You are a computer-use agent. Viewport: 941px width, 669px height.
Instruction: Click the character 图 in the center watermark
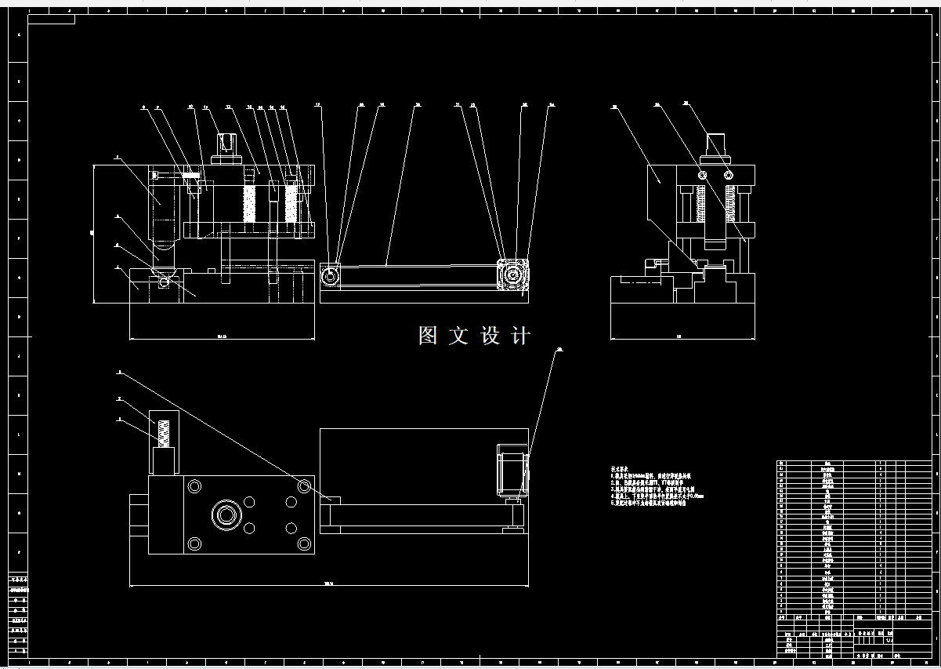click(x=428, y=336)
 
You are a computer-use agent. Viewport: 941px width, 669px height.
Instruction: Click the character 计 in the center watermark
click(x=520, y=336)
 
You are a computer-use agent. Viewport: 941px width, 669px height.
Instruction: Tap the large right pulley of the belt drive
click(x=513, y=276)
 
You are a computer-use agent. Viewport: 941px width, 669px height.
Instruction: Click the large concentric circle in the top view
click(x=228, y=515)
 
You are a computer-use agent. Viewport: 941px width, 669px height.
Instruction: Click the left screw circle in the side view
click(x=703, y=174)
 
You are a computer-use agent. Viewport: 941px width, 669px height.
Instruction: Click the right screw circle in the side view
click(x=729, y=174)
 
